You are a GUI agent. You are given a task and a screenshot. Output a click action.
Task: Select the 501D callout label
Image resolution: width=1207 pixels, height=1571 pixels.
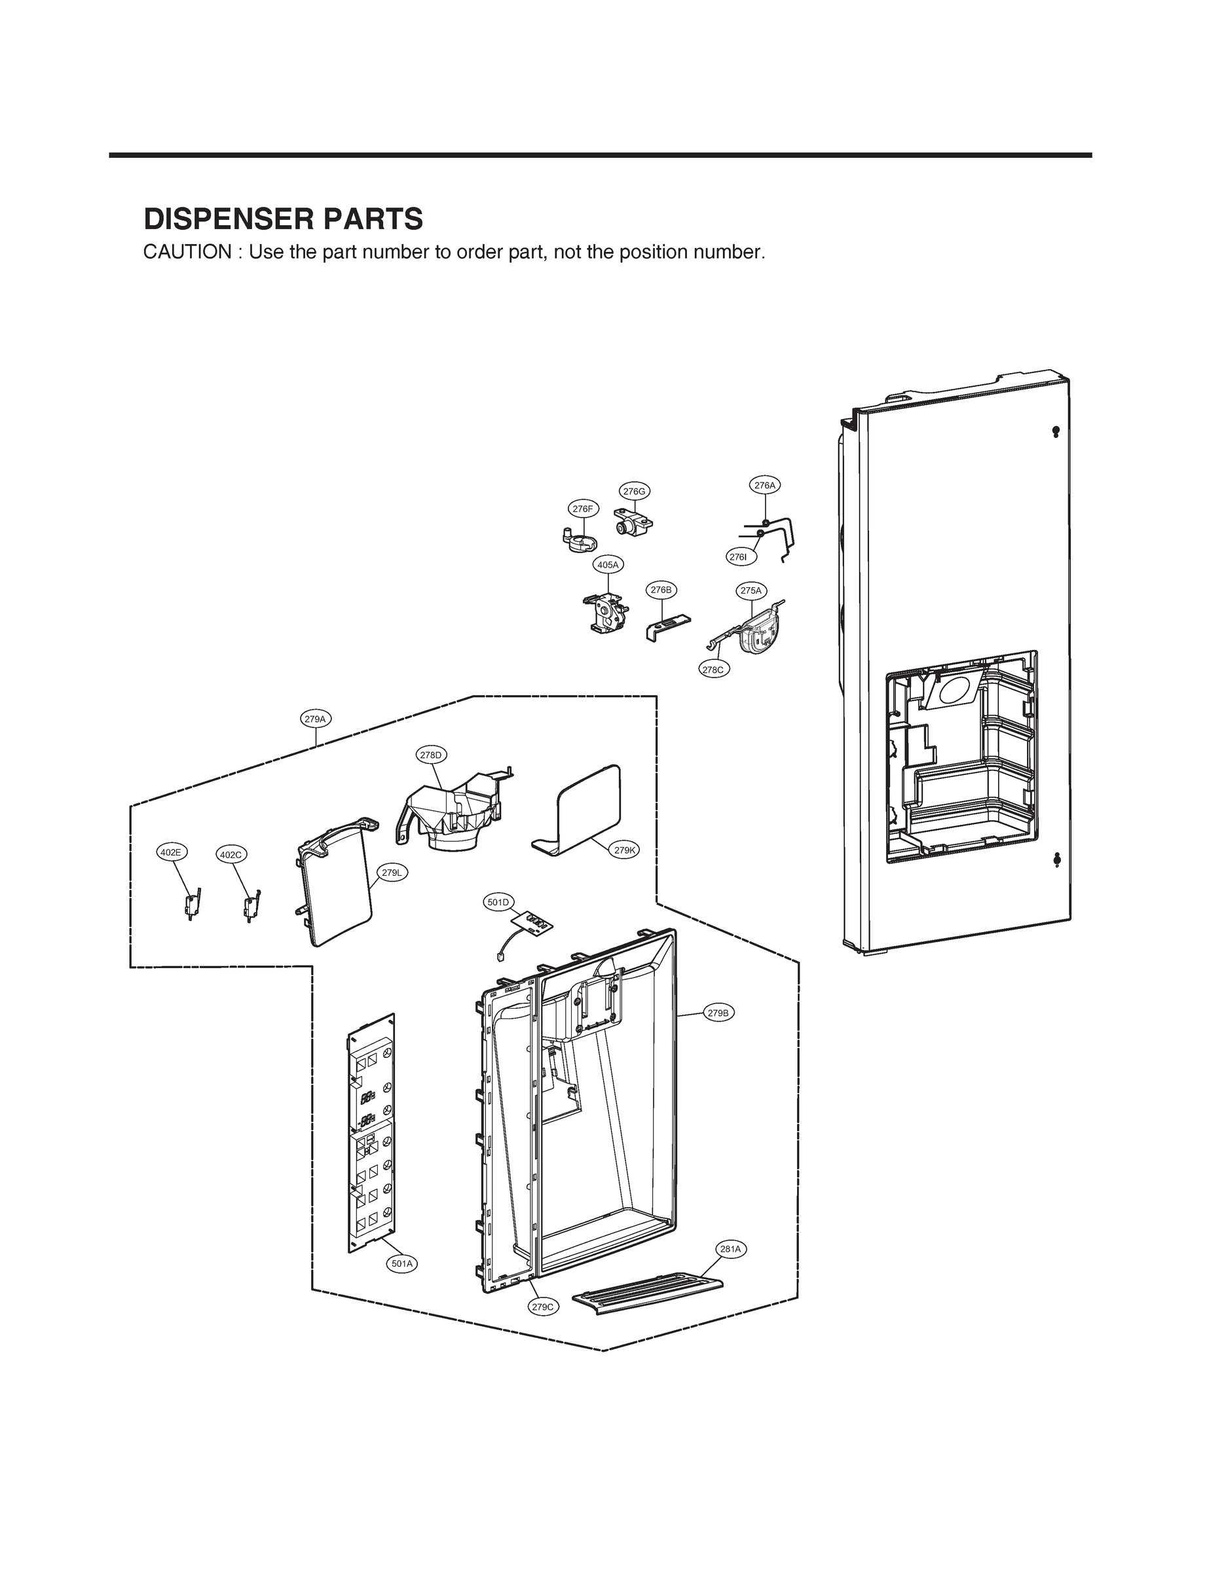tap(498, 903)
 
